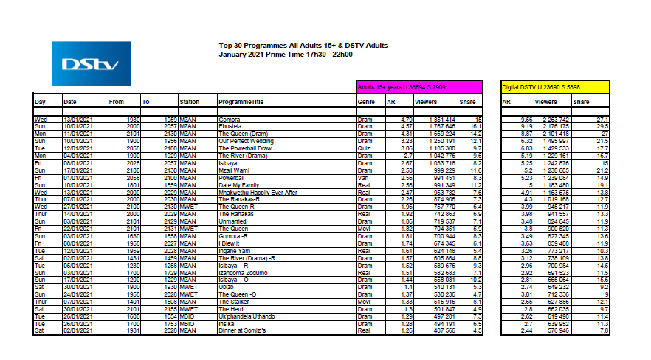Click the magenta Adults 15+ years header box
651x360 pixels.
(x=418, y=86)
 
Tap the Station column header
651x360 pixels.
(x=189, y=102)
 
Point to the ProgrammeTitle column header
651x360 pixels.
(x=241, y=102)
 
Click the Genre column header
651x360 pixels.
(x=366, y=102)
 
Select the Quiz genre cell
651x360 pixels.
(x=364, y=148)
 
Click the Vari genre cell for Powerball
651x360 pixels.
(x=364, y=177)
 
